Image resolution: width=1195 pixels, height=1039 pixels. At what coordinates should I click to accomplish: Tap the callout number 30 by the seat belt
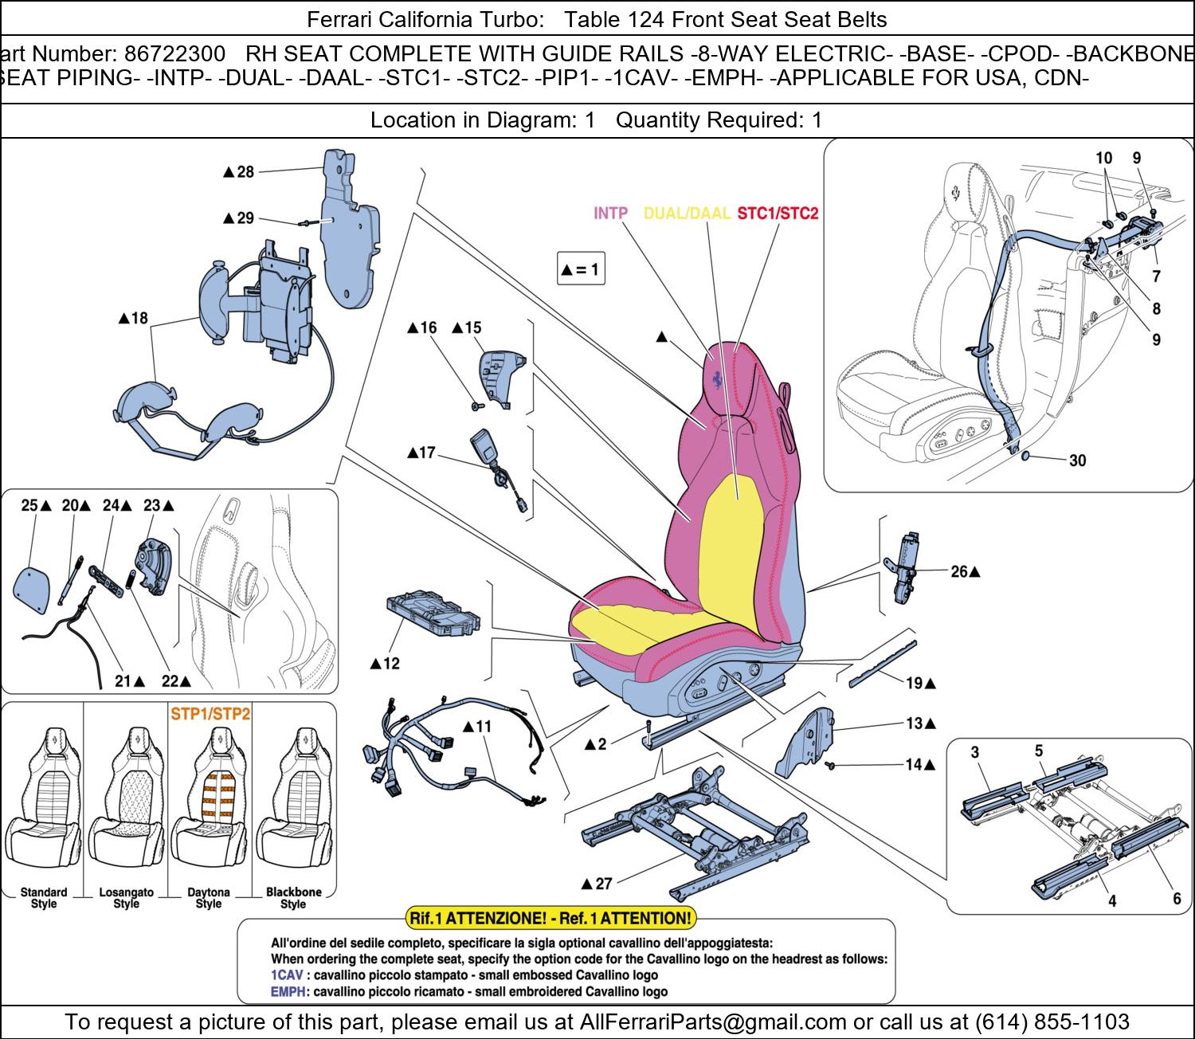[x=1077, y=461]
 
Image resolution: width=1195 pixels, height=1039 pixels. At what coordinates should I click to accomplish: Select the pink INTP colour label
[x=610, y=214]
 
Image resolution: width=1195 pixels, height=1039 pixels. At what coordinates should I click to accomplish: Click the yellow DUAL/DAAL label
[x=686, y=214]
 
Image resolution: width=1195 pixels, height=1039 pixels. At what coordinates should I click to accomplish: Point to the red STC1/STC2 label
[x=778, y=214]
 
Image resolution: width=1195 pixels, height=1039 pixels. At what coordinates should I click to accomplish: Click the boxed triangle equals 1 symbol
[x=580, y=269]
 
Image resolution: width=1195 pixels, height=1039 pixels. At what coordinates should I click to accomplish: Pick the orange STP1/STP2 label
[x=210, y=714]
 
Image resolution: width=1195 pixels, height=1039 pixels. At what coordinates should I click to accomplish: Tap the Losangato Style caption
[x=126, y=898]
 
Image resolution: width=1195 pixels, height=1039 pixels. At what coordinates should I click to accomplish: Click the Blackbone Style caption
[x=293, y=898]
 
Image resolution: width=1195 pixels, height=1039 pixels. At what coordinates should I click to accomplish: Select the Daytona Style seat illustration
[x=209, y=805]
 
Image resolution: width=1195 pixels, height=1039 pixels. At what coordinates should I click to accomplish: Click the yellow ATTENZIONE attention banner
[x=550, y=918]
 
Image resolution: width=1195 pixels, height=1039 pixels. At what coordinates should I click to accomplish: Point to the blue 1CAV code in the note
[x=285, y=975]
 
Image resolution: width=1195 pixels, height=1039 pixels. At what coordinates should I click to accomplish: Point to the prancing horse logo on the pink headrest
[x=718, y=379]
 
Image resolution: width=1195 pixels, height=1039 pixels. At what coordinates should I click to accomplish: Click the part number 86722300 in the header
[x=174, y=54]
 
